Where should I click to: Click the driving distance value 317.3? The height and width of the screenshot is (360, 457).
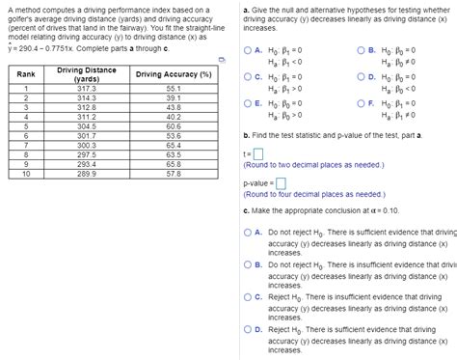tap(87, 88)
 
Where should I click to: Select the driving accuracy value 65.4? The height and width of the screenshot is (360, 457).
tap(174, 145)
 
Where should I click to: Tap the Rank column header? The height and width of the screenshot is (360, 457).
tap(26, 74)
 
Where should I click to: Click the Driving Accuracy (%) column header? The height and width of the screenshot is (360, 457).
tap(174, 74)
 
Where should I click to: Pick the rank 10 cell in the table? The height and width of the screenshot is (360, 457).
tap(26, 174)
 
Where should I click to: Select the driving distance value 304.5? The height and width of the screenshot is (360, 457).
tap(87, 126)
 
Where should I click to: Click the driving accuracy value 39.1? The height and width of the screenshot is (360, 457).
tap(174, 97)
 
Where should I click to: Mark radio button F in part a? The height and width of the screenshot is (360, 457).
tap(361, 101)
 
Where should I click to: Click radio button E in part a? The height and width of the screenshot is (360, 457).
tap(249, 101)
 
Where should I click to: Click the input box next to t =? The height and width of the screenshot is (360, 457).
tap(258, 154)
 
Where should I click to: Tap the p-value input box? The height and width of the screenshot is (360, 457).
tap(281, 182)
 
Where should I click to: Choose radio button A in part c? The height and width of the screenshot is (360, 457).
tap(249, 233)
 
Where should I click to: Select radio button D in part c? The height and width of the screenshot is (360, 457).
tap(249, 330)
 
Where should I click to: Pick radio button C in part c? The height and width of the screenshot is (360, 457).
tap(249, 297)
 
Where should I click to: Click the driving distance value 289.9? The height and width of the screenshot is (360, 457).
tap(87, 174)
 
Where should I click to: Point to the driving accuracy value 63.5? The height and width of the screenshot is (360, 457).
tap(174, 154)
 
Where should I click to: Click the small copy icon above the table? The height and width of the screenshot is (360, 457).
tap(221, 59)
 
